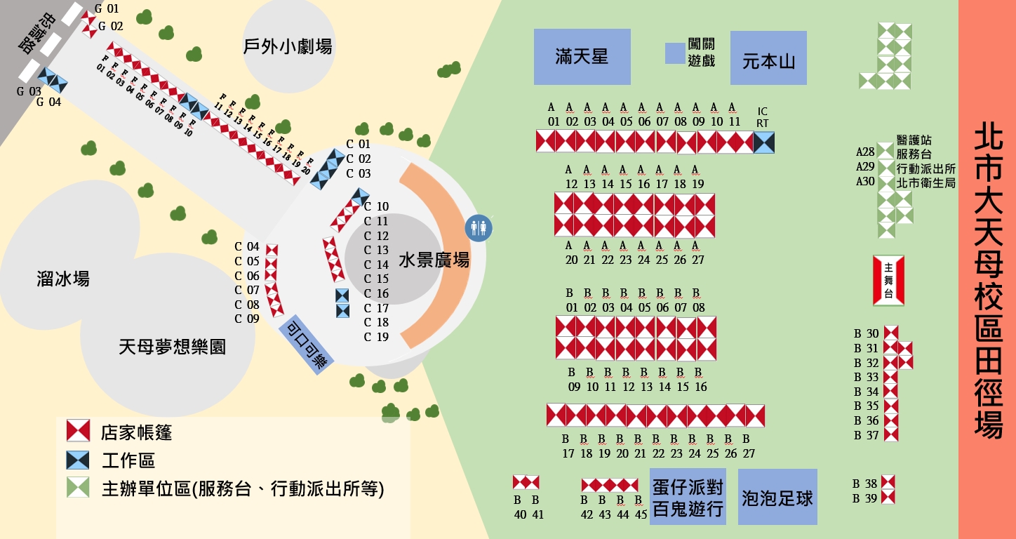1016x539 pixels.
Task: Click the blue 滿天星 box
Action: click(582, 57)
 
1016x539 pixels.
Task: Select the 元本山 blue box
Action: click(768, 58)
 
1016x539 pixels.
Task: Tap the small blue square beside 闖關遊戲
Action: click(675, 53)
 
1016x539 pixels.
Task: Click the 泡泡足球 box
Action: click(777, 497)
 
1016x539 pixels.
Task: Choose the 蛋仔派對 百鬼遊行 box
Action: click(688, 497)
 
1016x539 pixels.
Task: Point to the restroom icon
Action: click(480, 228)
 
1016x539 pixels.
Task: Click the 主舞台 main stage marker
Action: click(888, 280)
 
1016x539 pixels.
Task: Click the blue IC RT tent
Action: click(763, 142)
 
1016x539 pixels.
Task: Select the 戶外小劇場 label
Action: click(288, 47)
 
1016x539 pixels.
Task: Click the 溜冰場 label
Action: click(63, 279)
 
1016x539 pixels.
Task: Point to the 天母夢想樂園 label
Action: click(173, 346)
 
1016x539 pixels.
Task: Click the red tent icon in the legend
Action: click(78, 431)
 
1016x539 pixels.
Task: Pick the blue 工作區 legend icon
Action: click(78, 460)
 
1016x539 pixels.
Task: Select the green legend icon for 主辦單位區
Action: click(78, 488)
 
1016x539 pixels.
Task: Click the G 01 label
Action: click(107, 9)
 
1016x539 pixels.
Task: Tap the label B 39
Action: click(865, 498)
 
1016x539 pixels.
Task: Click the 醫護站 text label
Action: click(914, 140)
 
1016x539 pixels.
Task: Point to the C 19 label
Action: click(376, 337)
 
